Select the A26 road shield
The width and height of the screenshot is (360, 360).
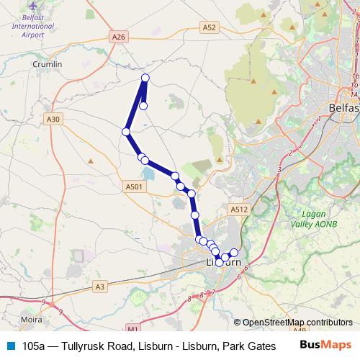point(120,35)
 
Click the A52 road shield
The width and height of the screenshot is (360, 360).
point(209,27)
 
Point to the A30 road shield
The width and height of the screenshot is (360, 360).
point(53,120)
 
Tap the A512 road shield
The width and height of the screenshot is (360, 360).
point(239,210)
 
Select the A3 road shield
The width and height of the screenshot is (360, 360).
point(100,287)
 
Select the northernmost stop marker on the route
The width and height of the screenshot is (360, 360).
point(145,78)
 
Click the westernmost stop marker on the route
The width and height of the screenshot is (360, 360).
point(126,132)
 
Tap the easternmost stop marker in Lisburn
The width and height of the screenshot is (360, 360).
point(233,253)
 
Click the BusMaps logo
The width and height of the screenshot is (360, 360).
point(325,345)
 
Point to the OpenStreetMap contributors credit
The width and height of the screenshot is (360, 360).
point(297,323)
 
